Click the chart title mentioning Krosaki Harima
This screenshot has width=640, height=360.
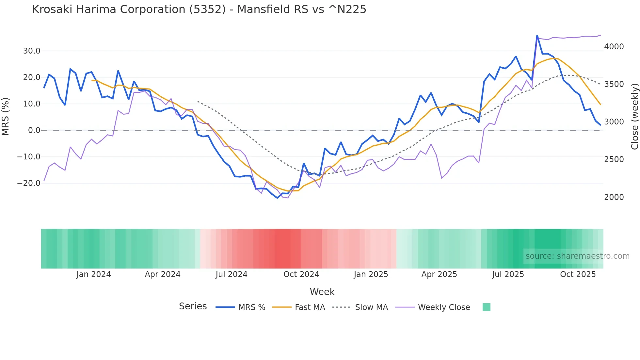[x=199, y=9]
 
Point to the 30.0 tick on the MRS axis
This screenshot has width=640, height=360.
[x=32, y=51]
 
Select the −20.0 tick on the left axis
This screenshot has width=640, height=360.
[x=29, y=183]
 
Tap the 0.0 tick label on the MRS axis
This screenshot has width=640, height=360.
[x=34, y=130]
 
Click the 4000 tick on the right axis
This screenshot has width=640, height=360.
[x=614, y=47]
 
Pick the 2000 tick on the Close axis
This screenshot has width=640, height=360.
[x=614, y=197]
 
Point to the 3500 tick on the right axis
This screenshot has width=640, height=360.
[x=614, y=84]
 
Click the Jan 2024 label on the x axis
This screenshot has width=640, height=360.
[x=94, y=274]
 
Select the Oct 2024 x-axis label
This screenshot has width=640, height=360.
[x=301, y=274]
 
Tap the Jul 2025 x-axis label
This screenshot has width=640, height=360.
[x=508, y=274]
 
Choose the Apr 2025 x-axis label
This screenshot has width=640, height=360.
[x=439, y=274]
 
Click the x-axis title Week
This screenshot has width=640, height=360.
[x=322, y=292]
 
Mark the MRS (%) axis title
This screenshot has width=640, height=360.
[x=6, y=116]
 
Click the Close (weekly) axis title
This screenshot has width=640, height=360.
[x=634, y=116]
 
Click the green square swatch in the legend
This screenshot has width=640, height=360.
[x=486, y=307]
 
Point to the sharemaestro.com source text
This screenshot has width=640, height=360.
[x=577, y=256]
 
